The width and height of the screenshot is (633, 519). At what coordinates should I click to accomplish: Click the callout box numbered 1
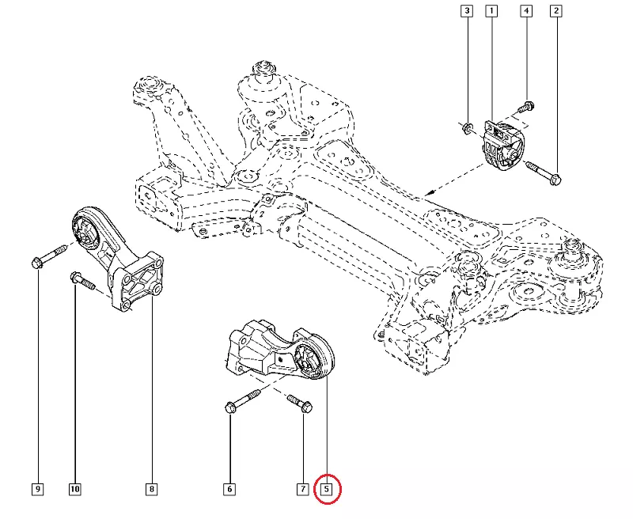(491, 11)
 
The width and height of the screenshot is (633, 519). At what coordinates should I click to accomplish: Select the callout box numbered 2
(556, 11)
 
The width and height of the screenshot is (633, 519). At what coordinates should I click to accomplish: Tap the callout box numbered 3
(468, 11)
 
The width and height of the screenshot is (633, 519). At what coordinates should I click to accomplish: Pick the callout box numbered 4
(525, 11)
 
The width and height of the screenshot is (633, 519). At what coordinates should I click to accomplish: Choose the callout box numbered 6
(229, 490)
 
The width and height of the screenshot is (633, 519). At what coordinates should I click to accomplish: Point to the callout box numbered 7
(302, 490)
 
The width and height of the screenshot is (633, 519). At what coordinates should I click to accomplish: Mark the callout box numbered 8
(150, 490)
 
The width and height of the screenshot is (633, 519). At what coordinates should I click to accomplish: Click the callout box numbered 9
(37, 490)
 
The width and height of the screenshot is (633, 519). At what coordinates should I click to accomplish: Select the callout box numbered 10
(74, 490)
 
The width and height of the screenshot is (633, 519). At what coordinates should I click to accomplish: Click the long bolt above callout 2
(543, 172)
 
